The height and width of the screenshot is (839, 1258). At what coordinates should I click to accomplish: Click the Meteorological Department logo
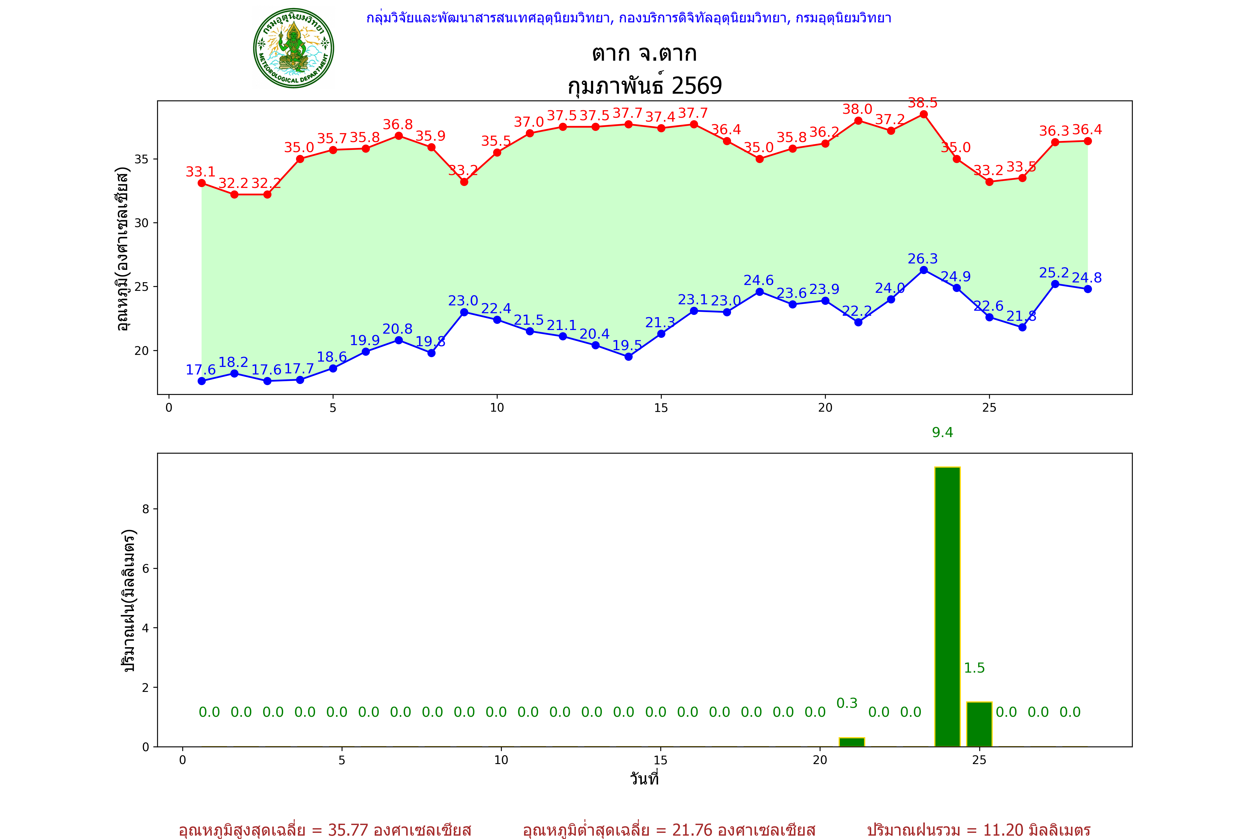point(294,48)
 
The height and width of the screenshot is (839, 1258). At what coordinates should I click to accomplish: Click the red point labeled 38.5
point(924,114)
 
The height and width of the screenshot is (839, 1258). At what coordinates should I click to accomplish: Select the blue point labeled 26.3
point(924,270)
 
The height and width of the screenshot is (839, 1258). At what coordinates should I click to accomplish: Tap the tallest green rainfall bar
point(947,607)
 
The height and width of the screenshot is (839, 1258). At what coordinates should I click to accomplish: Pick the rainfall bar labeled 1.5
point(979,724)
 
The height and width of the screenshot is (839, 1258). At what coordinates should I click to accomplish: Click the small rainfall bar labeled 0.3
point(852,742)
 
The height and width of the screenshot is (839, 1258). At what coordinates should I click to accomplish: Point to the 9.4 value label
point(942,432)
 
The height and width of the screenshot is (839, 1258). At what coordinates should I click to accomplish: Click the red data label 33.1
point(200,172)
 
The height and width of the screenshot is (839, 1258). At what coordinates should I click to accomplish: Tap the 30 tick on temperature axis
point(142,223)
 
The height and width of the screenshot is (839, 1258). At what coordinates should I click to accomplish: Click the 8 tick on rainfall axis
point(145,509)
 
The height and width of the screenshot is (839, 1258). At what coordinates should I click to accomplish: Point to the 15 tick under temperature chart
point(661,408)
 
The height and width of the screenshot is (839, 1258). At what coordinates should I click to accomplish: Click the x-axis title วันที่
point(644,779)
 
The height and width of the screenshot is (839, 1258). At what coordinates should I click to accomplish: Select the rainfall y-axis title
point(128,600)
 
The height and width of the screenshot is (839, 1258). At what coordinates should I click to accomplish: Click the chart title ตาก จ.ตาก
point(644,53)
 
